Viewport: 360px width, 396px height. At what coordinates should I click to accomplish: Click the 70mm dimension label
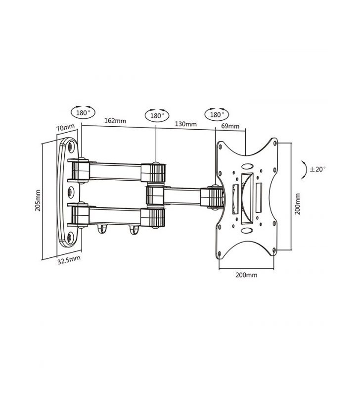[65, 128]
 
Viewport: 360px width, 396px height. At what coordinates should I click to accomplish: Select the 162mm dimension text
[115, 121]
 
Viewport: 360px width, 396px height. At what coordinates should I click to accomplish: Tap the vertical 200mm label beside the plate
[298, 202]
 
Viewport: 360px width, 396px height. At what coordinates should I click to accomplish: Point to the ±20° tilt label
[318, 169]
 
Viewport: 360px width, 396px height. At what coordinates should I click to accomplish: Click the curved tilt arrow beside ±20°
[303, 169]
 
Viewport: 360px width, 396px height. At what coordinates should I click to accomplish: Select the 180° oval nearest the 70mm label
[84, 112]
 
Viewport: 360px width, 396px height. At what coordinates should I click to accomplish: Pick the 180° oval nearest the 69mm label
[216, 114]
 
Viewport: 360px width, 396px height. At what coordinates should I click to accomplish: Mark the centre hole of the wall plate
[70, 191]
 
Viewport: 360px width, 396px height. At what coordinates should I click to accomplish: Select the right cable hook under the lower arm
[132, 228]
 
